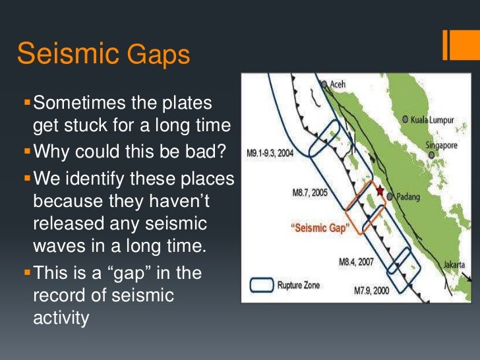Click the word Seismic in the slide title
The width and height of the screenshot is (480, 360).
pyautogui.click(x=62, y=54)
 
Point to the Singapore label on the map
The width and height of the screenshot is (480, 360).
pyautogui.click(x=442, y=145)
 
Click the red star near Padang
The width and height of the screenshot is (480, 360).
pyautogui.click(x=380, y=191)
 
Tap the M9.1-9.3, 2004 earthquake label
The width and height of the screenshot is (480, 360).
pyautogui.click(x=270, y=153)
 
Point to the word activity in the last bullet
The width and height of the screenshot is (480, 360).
pyautogui.click(x=60, y=318)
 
